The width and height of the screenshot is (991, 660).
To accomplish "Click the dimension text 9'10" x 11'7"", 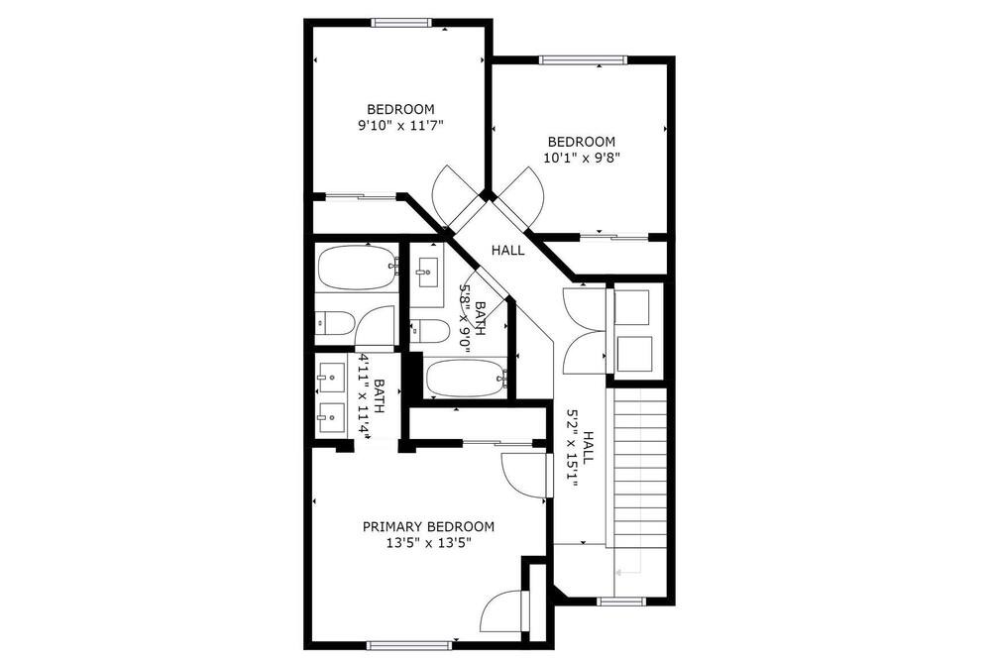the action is [x=400, y=125].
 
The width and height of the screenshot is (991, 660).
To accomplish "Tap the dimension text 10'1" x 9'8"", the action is [x=581, y=158].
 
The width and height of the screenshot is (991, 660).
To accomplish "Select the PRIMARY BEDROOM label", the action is [x=428, y=526].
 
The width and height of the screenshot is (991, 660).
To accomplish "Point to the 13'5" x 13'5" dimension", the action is [x=429, y=543].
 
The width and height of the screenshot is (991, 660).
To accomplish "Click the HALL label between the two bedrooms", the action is [x=508, y=251].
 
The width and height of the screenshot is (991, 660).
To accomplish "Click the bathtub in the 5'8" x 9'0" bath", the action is [x=467, y=378].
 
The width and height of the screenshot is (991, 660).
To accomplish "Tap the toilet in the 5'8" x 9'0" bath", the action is [x=430, y=329].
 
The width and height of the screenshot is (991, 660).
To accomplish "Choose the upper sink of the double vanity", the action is [x=331, y=378].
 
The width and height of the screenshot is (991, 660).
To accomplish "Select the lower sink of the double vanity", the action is [x=331, y=417].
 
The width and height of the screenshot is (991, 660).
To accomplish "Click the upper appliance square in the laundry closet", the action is [x=632, y=308].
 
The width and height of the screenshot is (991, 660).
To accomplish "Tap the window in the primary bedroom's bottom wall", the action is [x=409, y=645].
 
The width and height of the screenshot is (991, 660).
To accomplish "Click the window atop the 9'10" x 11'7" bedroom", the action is [x=401, y=23].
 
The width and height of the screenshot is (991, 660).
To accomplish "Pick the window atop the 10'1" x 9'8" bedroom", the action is [x=584, y=60].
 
